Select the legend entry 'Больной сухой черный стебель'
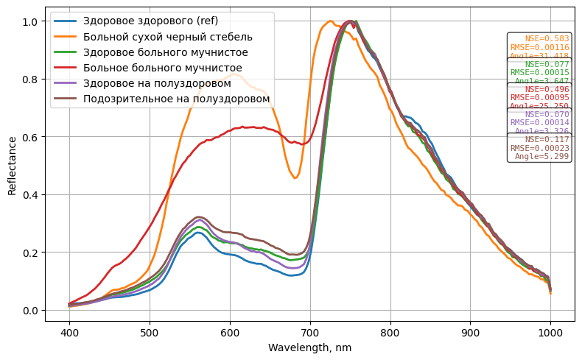(x=168, y=37)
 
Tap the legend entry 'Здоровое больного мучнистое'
(x=166, y=52)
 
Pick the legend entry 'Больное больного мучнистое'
(x=163, y=68)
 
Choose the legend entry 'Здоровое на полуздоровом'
(x=157, y=83)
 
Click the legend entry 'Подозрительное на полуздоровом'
(x=177, y=99)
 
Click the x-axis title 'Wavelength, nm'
(x=310, y=347)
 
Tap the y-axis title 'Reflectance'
(x=12, y=166)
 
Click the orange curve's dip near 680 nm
(x=295, y=177)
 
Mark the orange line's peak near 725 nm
(x=329, y=21)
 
